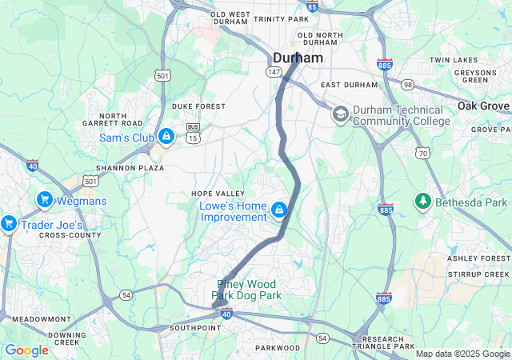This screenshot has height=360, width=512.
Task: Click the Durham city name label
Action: point(298,58)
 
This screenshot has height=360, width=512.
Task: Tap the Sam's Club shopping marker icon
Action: point(166,137)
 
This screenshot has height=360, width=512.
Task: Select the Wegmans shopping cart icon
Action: point(44,199)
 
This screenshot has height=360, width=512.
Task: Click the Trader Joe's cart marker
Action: point(9,223)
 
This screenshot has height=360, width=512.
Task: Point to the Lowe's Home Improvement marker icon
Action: point(278,210)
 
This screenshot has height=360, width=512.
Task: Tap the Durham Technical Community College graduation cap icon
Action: point(340,114)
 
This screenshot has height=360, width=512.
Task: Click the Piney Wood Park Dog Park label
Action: point(246,290)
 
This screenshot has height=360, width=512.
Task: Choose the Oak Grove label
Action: point(484,106)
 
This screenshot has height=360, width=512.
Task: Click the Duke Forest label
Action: point(198,106)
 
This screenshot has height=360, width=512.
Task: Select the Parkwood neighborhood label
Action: point(278,348)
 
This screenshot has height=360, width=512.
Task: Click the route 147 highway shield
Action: point(274,71)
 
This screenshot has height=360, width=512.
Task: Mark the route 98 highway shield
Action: point(408,85)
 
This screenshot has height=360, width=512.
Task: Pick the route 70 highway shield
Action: point(422,152)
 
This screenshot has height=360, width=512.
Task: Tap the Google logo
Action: point(26,350)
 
